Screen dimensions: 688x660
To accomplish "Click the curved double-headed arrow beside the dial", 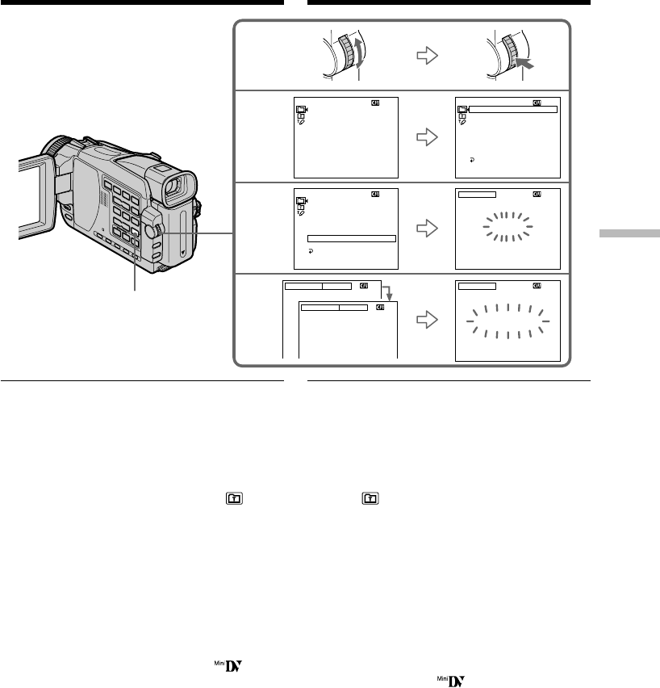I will point(359,60).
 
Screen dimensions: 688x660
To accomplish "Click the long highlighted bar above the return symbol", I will point(352,239).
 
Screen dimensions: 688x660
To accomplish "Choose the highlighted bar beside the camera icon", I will point(513,108).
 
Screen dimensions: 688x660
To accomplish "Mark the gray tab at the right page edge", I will point(629,233).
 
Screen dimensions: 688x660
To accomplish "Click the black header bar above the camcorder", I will point(142,3).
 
